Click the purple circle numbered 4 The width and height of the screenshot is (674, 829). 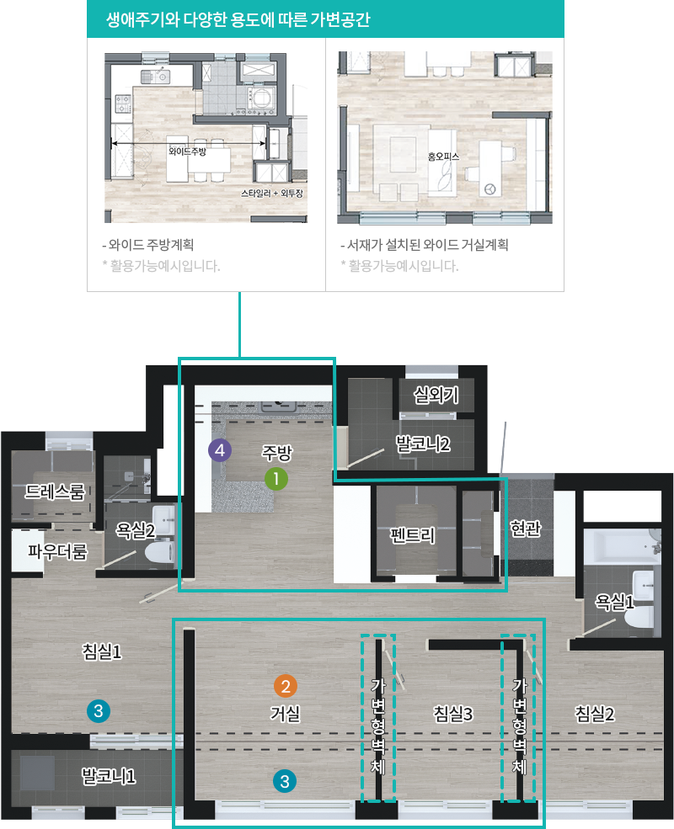coord(220,450)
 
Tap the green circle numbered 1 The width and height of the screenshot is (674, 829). coord(276,479)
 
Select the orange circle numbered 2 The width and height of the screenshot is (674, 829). coord(285,686)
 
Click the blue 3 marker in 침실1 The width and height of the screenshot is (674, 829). coord(99,711)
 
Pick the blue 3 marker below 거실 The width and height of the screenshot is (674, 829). coord(285,781)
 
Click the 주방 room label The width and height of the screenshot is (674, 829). coord(276,453)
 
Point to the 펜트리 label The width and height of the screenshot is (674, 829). coord(413,535)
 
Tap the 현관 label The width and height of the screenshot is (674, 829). coord(526,528)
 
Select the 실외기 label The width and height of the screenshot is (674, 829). coord(436,395)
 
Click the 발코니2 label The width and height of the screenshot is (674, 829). coord(423,444)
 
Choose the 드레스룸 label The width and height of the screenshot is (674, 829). coord(55,492)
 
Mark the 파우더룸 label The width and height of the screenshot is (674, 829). coord(57,551)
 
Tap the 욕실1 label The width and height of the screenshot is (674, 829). coord(614,602)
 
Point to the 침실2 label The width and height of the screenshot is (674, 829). coord(595,714)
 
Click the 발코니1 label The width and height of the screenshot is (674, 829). coord(109,776)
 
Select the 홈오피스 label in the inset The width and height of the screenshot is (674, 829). coord(443,157)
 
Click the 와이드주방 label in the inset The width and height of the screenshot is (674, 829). coord(187,151)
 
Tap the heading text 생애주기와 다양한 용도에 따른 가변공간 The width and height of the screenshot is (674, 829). coord(238,19)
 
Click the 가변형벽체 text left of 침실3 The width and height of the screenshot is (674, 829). coord(377,725)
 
